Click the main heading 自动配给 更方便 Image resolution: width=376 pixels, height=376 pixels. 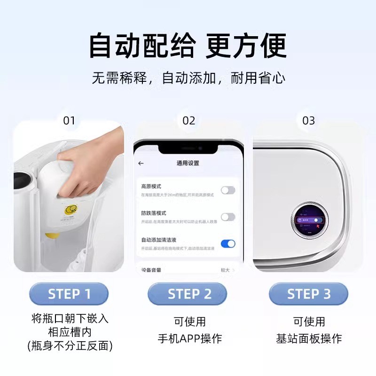(x=188, y=46)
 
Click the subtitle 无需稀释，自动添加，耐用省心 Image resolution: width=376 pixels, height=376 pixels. (x=188, y=78)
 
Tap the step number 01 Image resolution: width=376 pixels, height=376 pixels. (x=69, y=121)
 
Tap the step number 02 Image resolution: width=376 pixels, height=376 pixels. (x=188, y=121)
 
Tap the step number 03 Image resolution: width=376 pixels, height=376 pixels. (x=308, y=121)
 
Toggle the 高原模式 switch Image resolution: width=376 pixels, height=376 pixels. (x=228, y=190)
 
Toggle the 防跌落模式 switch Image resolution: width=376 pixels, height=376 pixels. (x=228, y=217)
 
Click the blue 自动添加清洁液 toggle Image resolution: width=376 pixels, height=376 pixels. (x=228, y=243)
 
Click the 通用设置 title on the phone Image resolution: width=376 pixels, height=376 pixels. (x=188, y=163)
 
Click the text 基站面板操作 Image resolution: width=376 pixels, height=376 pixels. (x=309, y=338)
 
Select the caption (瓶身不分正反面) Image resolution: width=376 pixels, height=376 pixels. (x=69, y=347)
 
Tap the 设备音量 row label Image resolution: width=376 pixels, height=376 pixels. (x=152, y=270)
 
